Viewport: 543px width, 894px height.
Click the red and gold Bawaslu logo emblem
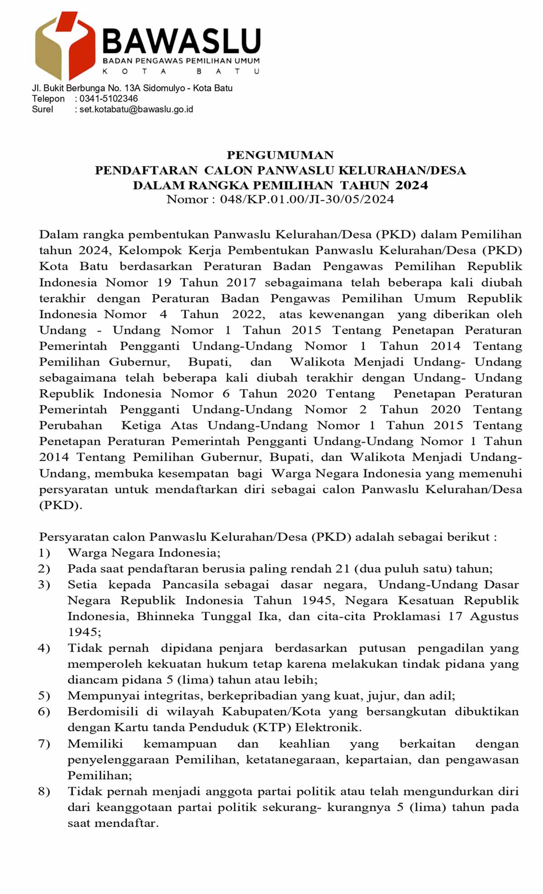point(65,45)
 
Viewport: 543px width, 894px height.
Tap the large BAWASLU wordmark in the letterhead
point(181,41)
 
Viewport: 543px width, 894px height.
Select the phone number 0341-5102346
point(109,99)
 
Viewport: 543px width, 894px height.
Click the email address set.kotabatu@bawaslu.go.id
point(136,109)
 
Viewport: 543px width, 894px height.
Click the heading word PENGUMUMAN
point(280,155)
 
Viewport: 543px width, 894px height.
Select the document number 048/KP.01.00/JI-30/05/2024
point(307,200)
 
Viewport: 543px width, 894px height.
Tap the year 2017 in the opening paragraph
point(241,283)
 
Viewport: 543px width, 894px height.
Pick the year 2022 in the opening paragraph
point(248,314)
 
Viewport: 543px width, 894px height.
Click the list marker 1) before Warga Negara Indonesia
point(44,553)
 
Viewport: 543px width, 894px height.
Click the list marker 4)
point(44,648)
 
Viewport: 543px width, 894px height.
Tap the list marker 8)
point(44,791)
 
